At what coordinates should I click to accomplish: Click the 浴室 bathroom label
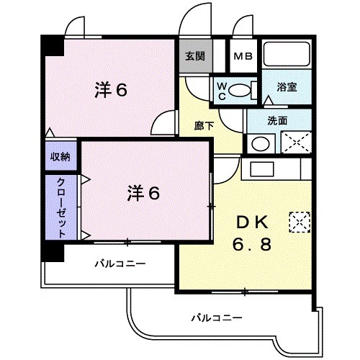[288, 88]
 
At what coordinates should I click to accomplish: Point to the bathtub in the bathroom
[286, 55]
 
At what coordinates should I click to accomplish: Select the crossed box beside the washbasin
[294, 140]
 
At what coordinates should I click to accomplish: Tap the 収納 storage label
[60, 156]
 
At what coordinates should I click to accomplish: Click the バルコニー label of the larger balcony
[216, 317]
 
